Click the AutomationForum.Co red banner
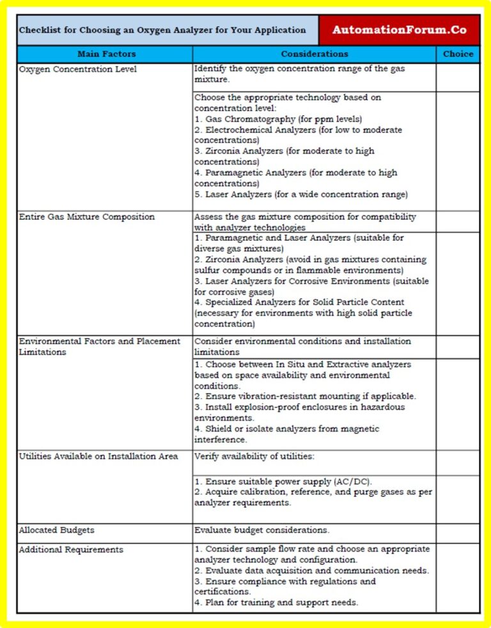pos(399,30)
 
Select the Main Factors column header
pos(106,54)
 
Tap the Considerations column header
pos(315,54)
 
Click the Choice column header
pos(458,54)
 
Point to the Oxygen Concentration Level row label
pos(77,69)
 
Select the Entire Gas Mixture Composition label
pos(86,217)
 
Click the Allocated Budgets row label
pos(57,530)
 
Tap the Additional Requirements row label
pos(71,549)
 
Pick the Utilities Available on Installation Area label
pos(98,456)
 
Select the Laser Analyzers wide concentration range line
pos(300,194)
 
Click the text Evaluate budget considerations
pos(262,530)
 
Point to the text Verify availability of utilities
pos(254,456)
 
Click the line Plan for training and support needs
pos(276,602)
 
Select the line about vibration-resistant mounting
pos(305,396)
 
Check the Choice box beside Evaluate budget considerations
pos(458,533)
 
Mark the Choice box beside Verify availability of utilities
pos(458,462)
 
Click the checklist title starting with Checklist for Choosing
pos(162,30)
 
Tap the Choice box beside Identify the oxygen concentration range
pos(458,77)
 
